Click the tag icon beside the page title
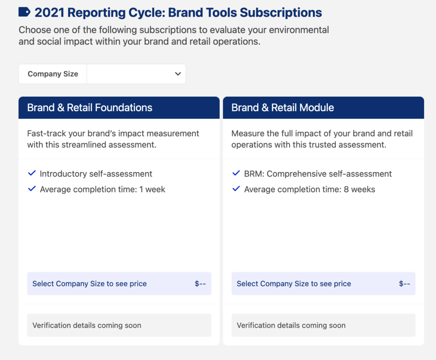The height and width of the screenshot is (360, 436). (x=24, y=12)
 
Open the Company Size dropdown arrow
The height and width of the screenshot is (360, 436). (x=178, y=74)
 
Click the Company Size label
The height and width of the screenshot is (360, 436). (x=53, y=74)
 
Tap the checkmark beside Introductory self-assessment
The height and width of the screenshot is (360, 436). (x=32, y=173)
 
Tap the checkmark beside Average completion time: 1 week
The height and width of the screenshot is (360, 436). (x=32, y=189)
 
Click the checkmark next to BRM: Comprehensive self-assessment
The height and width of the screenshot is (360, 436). (x=236, y=173)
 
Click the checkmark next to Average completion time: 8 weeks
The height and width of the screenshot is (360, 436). (x=236, y=189)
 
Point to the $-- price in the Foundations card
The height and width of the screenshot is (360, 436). (x=200, y=283)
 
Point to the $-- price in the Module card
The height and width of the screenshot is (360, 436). (x=404, y=283)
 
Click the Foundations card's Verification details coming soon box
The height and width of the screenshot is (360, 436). (x=119, y=325)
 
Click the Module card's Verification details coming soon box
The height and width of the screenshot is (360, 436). (x=324, y=325)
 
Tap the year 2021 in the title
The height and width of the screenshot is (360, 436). (x=49, y=12)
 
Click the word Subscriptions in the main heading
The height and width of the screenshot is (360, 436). (x=281, y=13)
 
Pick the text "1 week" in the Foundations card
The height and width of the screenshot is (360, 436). (x=152, y=190)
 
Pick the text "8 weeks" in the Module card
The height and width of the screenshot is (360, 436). (x=359, y=190)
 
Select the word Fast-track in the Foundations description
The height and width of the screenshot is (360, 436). (x=46, y=133)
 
